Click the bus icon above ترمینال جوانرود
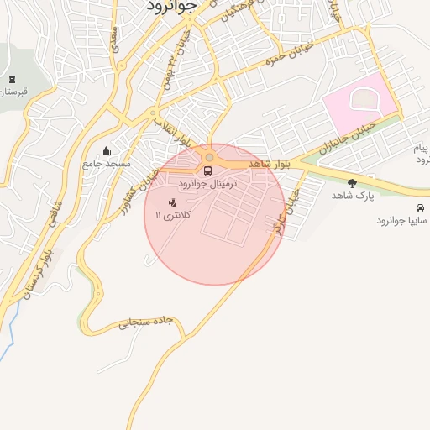pos(208,170)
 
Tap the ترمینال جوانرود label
pos(209,183)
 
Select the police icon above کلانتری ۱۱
pos(173,202)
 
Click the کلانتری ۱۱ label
pos(174,216)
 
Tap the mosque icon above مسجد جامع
pos(107,151)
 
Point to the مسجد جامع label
pos(107,164)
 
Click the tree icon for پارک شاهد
pos(351,182)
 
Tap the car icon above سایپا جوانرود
pos(419,207)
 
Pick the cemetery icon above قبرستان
pos(11,80)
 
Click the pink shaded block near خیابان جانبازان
pos(357,105)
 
